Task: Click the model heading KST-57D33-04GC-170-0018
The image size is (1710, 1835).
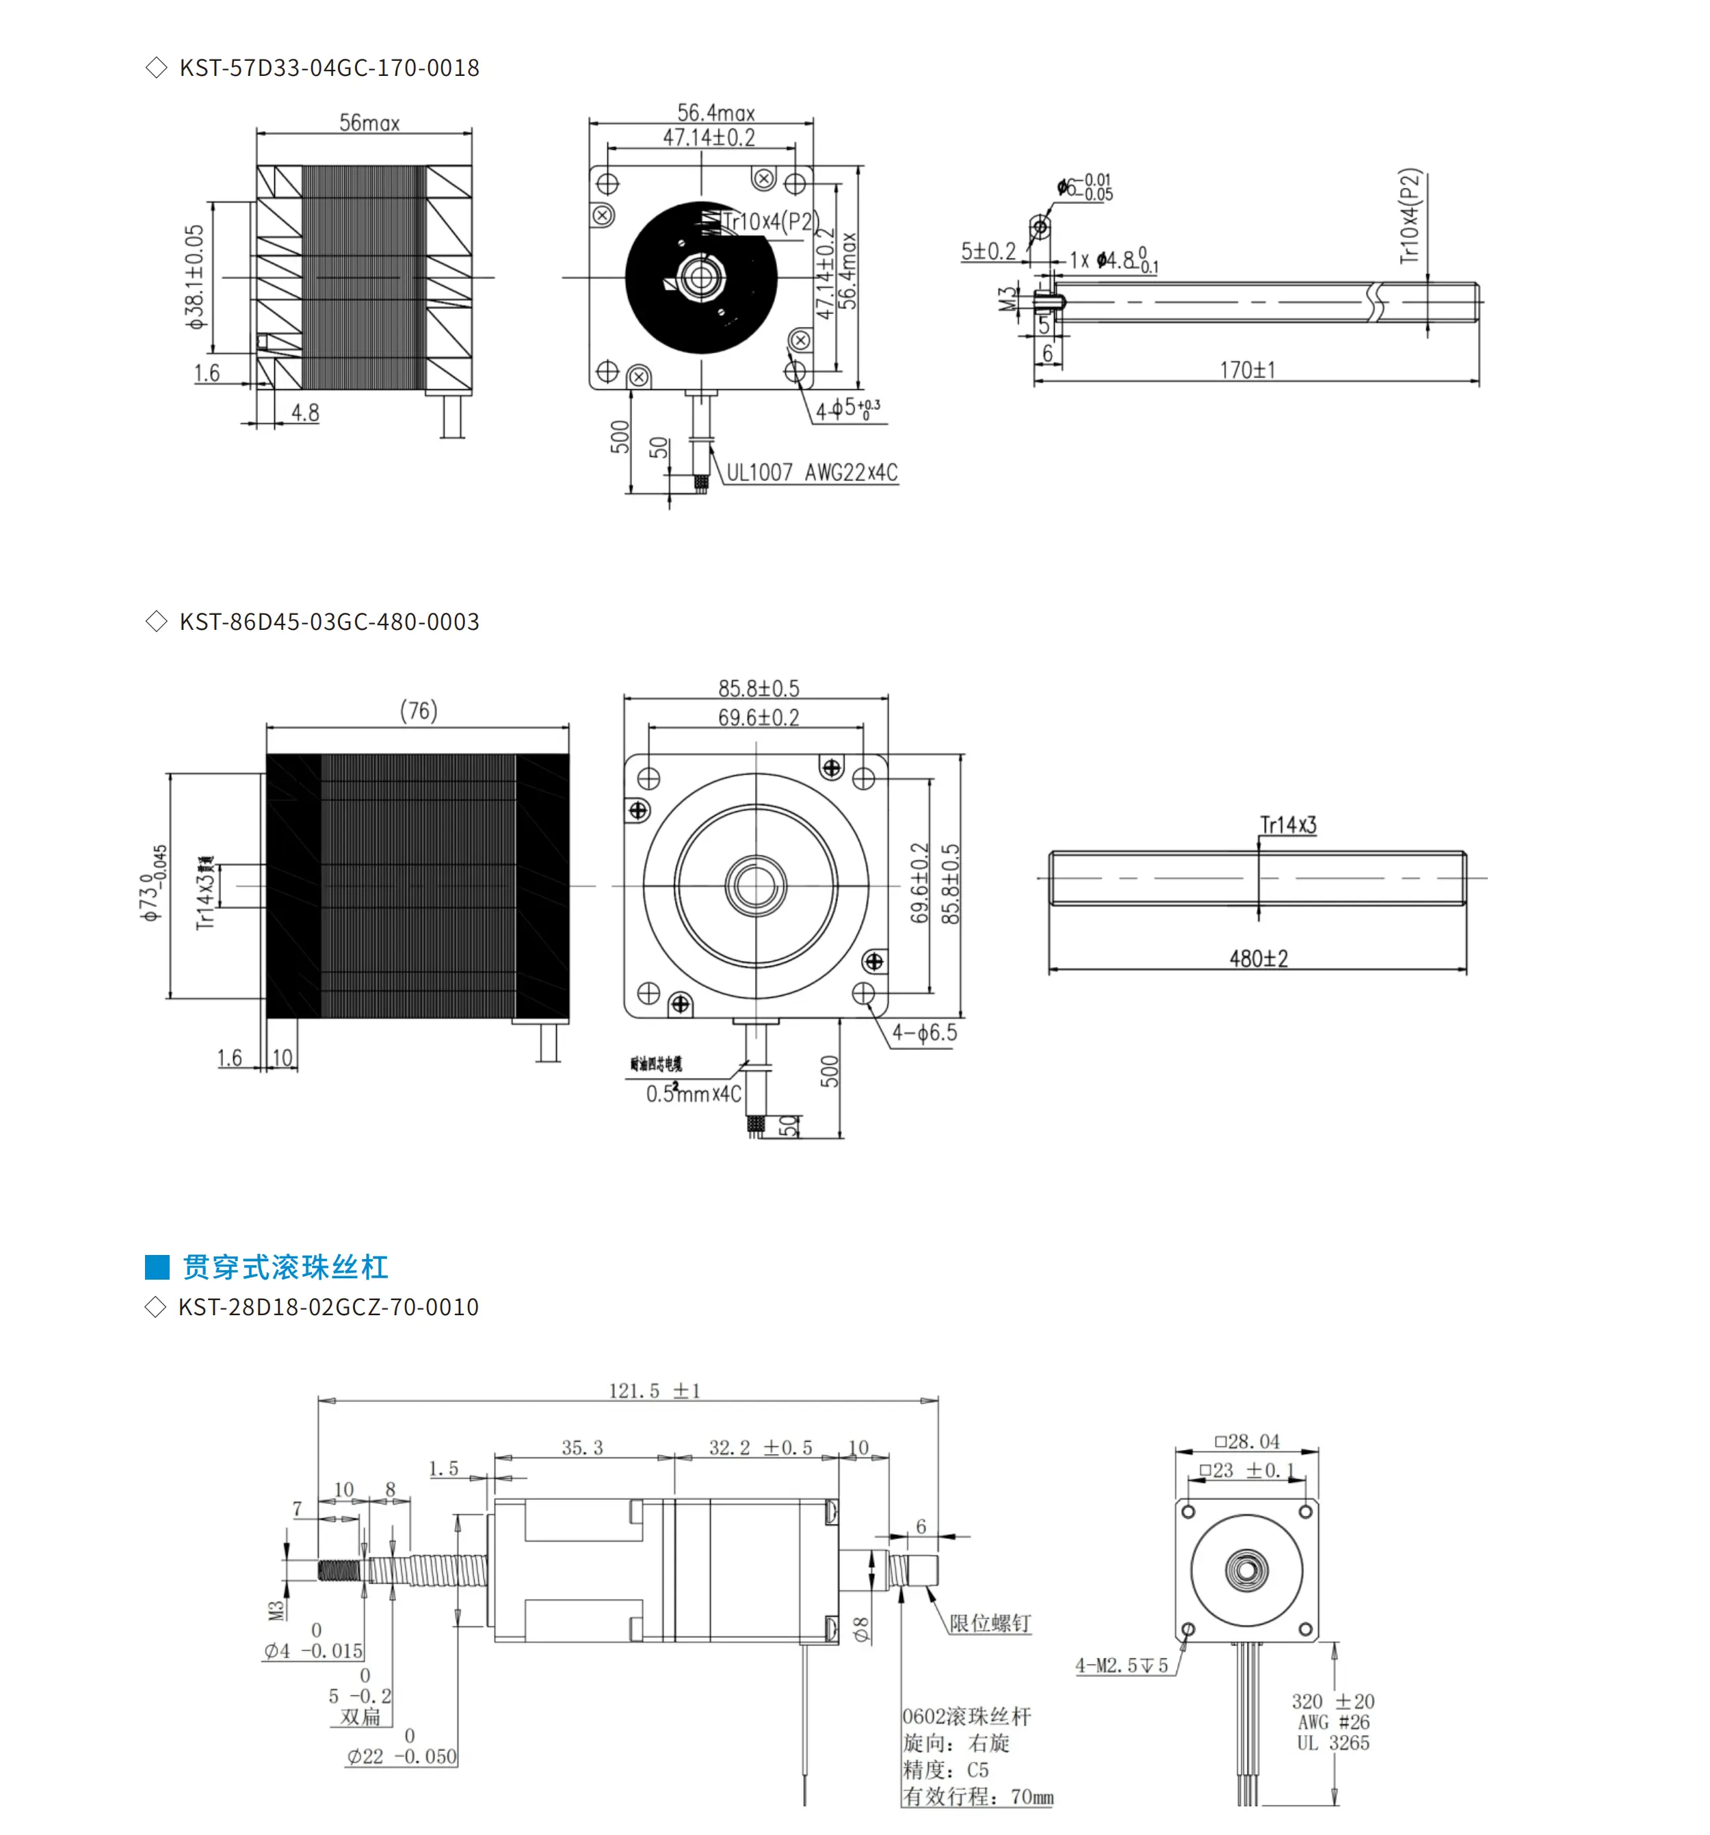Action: click(x=329, y=68)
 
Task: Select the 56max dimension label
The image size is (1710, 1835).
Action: click(x=369, y=122)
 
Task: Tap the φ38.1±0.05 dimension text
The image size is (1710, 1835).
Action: click(x=195, y=277)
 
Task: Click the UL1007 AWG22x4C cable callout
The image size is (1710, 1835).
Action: click(x=811, y=473)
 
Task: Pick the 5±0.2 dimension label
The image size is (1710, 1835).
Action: click(x=987, y=251)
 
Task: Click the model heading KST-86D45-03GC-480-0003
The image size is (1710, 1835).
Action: click(x=329, y=621)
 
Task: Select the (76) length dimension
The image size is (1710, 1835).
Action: click(x=419, y=711)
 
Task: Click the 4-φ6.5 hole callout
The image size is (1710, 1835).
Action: click(x=923, y=1033)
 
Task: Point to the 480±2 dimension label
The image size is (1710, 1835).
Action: click(x=1258, y=958)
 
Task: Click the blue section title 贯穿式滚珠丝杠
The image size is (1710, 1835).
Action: click(x=285, y=1267)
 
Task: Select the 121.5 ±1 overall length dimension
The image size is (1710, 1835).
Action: click(x=654, y=1391)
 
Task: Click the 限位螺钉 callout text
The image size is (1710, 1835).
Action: click(x=989, y=1623)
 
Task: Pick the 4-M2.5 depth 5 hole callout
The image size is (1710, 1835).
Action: click(x=1122, y=1666)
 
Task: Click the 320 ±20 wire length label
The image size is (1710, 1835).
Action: click(x=1332, y=1701)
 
